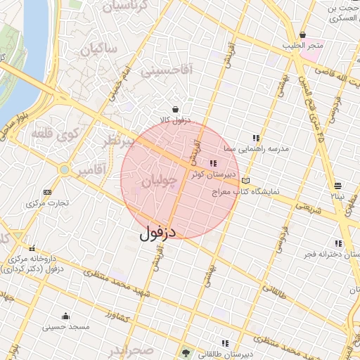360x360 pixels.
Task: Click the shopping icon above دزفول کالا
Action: (174, 109)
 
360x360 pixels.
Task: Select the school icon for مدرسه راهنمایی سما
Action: (257, 138)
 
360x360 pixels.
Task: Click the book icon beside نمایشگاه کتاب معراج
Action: (245, 181)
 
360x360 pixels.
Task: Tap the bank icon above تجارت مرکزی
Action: (47, 192)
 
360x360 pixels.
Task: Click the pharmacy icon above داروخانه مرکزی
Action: (32, 248)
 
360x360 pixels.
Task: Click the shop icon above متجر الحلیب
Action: (303, 35)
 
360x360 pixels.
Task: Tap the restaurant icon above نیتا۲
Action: (339, 186)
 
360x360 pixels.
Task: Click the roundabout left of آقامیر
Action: (65, 169)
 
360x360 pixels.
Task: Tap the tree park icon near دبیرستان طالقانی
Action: (186, 353)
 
